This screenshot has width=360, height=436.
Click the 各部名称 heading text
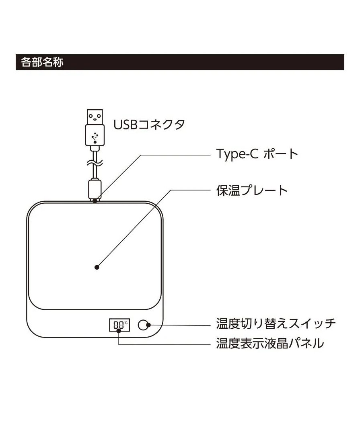click(x=42, y=63)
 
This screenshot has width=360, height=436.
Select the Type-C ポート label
click(x=257, y=154)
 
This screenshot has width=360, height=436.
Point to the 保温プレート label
click(x=252, y=190)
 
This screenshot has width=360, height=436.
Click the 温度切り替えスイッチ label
click(x=276, y=323)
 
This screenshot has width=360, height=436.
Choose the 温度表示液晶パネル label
click(x=269, y=344)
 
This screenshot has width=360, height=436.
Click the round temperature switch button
click(x=143, y=325)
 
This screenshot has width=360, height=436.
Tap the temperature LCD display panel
click(x=119, y=325)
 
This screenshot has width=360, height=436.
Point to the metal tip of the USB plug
click(x=95, y=117)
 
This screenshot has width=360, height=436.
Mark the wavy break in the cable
click(x=95, y=163)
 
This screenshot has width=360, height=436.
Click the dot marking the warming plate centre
click(x=97, y=267)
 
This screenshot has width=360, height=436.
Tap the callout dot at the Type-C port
click(x=95, y=200)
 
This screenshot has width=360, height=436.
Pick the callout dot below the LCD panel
click(x=119, y=331)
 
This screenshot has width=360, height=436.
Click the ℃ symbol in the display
click(x=125, y=322)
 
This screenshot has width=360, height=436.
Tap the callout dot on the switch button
click(x=148, y=325)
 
